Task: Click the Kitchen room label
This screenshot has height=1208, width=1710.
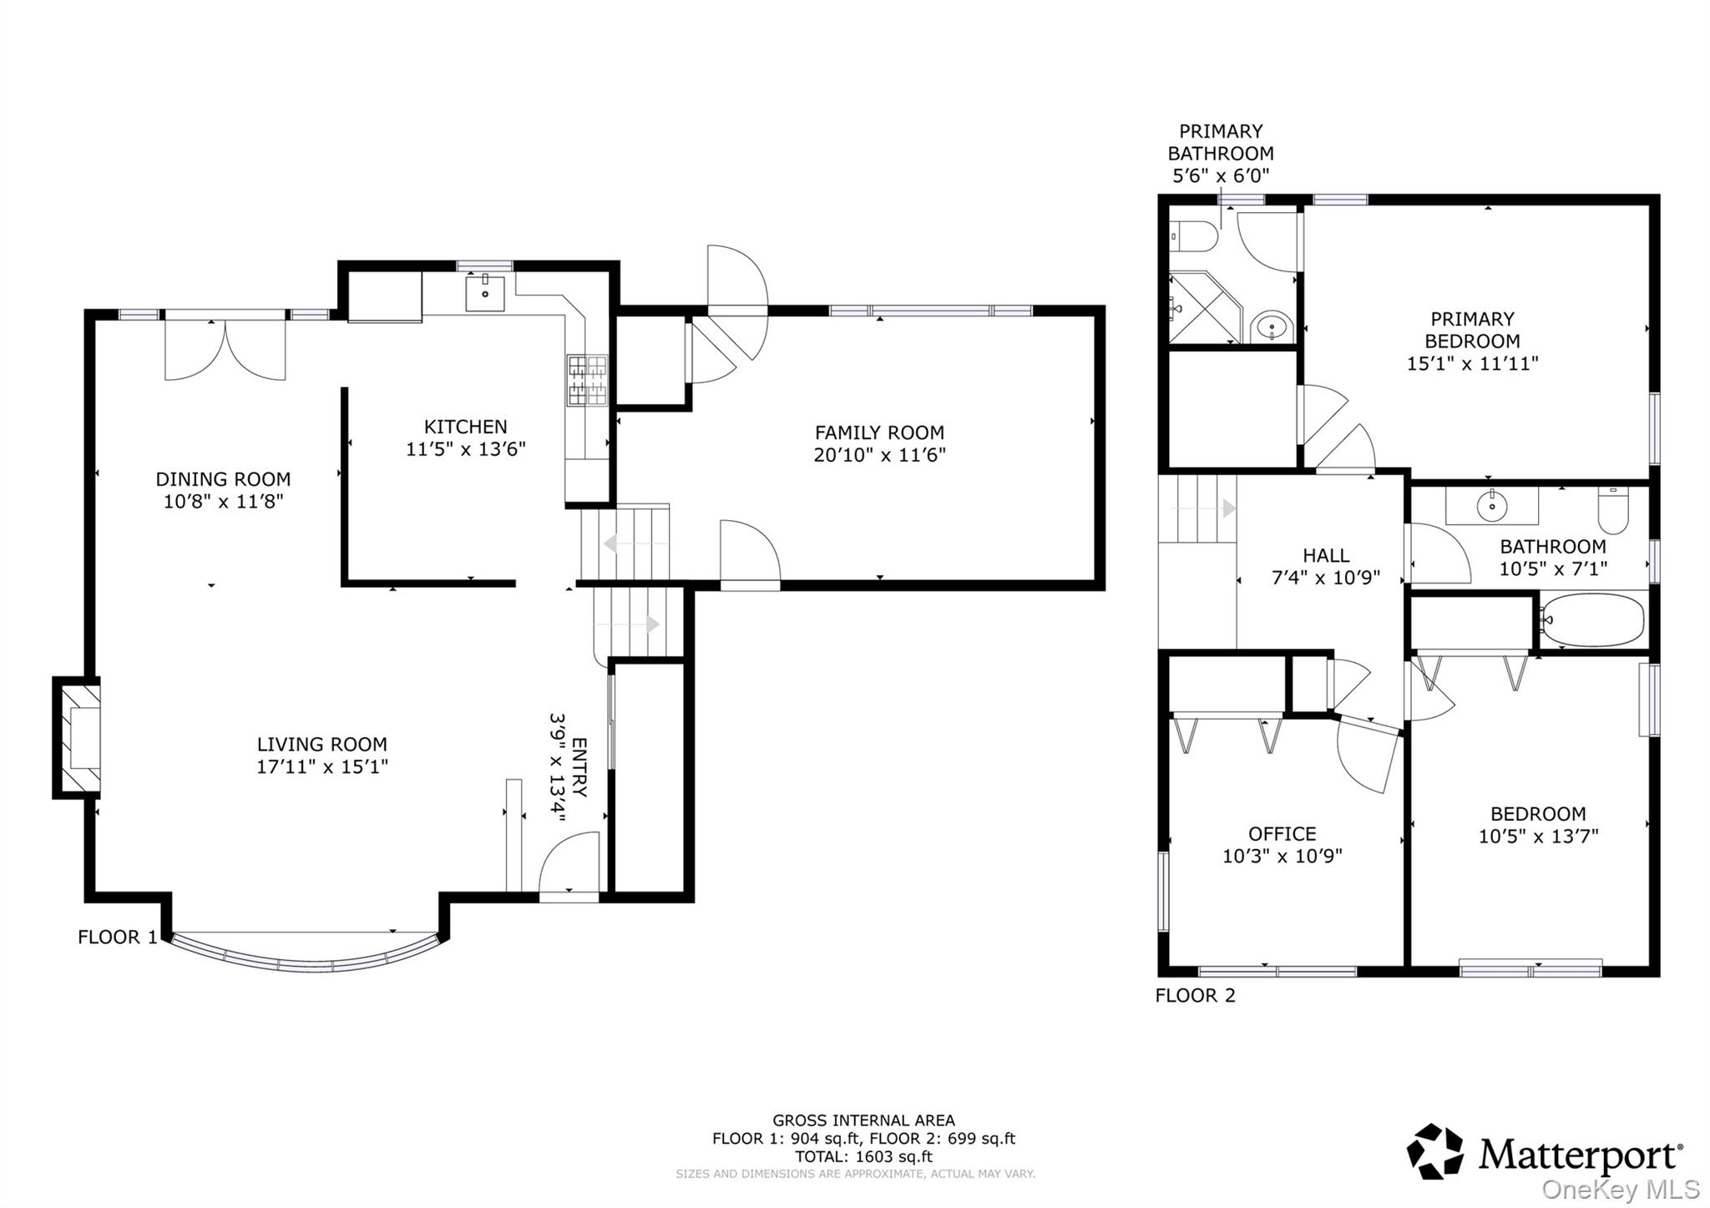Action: [465, 427]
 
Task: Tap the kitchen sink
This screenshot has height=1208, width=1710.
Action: [484, 294]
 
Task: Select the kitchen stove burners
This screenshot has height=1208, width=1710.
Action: [588, 380]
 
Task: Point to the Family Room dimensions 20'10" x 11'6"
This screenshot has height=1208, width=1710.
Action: [879, 455]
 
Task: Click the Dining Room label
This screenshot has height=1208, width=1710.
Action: [223, 479]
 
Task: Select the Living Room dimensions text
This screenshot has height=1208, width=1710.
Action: [322, 766]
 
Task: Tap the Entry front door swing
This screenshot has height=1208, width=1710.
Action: [569, 863]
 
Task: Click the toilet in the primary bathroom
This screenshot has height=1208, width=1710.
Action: [1193, 236]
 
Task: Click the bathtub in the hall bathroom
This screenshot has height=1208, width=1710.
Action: [1592, 620]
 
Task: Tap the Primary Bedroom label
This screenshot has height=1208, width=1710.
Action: [1472, 330]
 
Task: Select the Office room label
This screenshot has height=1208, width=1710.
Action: [1282, 834]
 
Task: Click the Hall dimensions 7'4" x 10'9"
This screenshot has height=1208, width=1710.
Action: [1326, 578]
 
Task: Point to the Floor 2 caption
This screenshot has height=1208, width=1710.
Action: [1195, 995]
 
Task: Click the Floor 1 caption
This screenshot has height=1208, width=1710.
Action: [117, 937]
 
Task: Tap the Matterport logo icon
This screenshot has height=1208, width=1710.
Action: [1435, 1152]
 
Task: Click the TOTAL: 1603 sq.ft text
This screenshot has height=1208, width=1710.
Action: [863, 1157]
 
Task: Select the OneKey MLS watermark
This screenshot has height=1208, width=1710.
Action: [1620, 1189]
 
